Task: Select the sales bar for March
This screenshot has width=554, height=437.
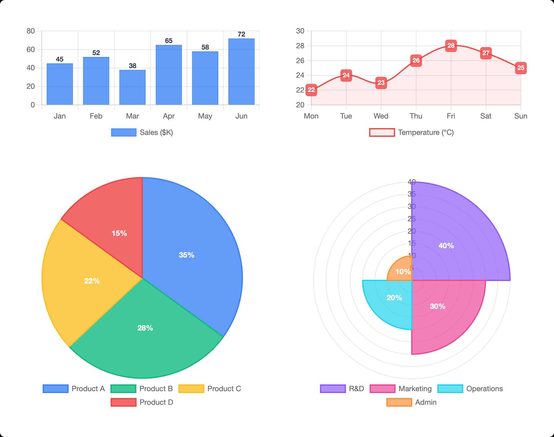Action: click(132, 88)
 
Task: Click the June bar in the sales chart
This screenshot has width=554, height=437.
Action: click(241, 72)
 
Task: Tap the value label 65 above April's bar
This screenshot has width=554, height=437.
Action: click(168, 41)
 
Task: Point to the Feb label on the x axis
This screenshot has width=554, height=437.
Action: click(96, 116)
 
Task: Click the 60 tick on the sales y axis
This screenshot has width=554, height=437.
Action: click(31, 50)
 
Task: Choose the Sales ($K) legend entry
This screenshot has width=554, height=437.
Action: click(142, 132)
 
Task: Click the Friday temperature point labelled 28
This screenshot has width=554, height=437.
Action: click(451, 46)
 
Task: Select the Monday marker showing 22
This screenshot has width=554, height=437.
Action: click(311, 90)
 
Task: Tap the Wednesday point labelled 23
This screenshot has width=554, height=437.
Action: click(381, 83)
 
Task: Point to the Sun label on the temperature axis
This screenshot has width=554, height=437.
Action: click(520, 116)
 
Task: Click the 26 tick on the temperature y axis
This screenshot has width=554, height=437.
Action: click(300, 61)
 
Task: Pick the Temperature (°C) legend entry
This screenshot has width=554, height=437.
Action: click(411, 132)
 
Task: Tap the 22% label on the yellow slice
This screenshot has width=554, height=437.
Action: click(92, 281)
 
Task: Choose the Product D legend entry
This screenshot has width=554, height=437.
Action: click(142, 402)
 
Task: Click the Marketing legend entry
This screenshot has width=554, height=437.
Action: click(401, 389)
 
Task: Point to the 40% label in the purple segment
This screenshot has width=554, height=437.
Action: click(446, 246)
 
